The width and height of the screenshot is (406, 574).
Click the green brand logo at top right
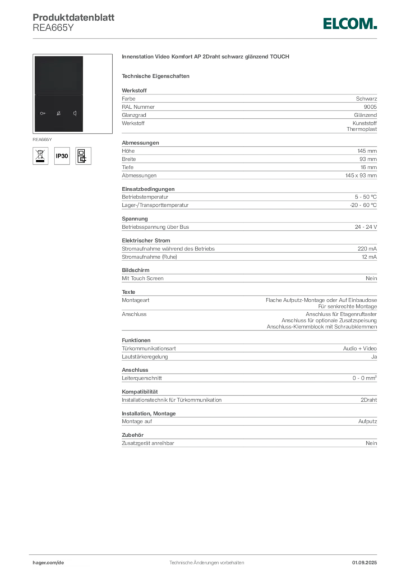(349, 24)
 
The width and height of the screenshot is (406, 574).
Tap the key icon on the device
(43, 114)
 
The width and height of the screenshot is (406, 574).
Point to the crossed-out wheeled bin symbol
(40, 156)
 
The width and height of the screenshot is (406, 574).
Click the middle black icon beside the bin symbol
(62, 156)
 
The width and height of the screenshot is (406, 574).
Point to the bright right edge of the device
(84, 94)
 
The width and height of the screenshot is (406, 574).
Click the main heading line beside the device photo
(206, 57)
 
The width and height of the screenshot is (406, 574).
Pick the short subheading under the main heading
(157, 76)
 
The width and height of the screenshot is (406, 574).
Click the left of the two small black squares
(288, 316)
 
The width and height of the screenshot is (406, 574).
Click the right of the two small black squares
(302, 316)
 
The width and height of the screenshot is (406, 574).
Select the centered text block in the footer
(206, 560)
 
